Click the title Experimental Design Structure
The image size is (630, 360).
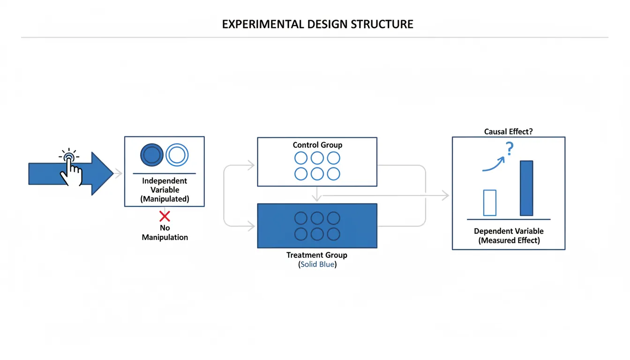pyautogui.click(x=317, y=24)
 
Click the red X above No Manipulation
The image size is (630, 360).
pyautogui.click(x=165, y=216)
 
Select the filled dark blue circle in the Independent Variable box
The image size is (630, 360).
pyautogui.click(x=152, y=154)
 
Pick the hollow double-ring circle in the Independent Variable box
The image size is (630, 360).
pyautogui.click(x=177, y=154)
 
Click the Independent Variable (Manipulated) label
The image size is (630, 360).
pyautogui.click(x=165, y=190)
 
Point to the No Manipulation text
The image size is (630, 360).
pyautogui.click(x=165, y=232)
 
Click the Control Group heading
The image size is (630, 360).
pyautogui.click(x=317, y=145)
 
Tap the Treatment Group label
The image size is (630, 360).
pyautogui.click(x=317, y=255)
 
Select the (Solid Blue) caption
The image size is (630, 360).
pyautogui.click(x=317, y=265)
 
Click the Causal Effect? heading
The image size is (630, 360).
pyautogui.click(x=508, y=132)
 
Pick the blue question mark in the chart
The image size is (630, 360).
pyautogui.click(x=510, y=150)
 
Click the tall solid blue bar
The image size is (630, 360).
pyautogui.click(x=526, y=188)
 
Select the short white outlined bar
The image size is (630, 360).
pyautogui.click(x=489, y=202)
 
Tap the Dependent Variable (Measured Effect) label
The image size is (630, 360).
pyautogui.click(x=509, y=236)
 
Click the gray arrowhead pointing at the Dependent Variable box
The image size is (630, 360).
pyautogui.click(x=445, y=195)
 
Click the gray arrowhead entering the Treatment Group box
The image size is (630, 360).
pyautogui.click(x=252, y=227)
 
